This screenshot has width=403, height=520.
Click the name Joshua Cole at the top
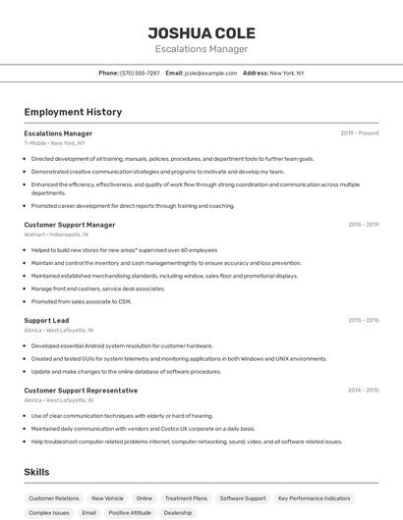pyautogui.click(x=201, y=32)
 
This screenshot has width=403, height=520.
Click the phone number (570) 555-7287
pyautogui.click(x=141, y=73)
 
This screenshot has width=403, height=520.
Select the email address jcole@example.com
pyautogui.click(x=210, y=73)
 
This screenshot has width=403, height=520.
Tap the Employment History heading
pyautogui.click(x=73, y=112)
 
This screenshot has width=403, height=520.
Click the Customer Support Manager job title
pyautogui.click(x=70, y=225)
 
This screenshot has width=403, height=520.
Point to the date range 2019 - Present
pyautogui.click(x=360, y=133)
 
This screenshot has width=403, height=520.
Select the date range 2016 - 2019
pyautogui.click(x=363, y=225)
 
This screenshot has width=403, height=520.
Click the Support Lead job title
pyautogui.click(x=46, y=320)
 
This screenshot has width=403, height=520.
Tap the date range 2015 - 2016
pyautogui.click(x=363, y=320)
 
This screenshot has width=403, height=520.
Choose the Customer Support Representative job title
pyautogui.click(x=81, y=390)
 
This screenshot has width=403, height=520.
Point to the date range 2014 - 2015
pyautogui.click(x=363, y=390)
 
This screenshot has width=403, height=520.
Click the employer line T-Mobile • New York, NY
pyautogui.click(x=55, y=143)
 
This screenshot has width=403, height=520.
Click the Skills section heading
pyautogui.click(x=37, y=472)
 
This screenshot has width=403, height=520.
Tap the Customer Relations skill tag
pyautogui.click(x=54, y=498)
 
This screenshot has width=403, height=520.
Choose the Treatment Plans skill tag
pyautogui.click(x=186, y=498)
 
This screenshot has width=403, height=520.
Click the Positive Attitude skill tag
pyautogui.click(x=130, y=512)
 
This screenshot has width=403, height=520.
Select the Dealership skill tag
pyautogui.click(x=178, y=512)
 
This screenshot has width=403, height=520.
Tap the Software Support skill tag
pyautogui.click(x=243, y=498)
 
